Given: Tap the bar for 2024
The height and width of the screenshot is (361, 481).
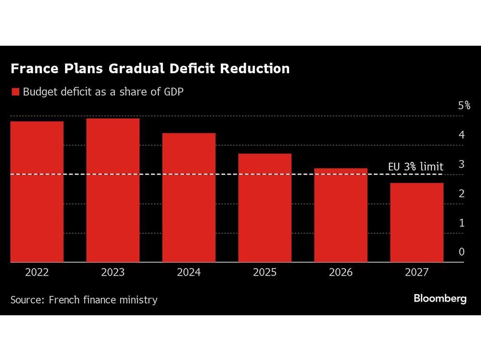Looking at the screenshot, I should click(189, 197).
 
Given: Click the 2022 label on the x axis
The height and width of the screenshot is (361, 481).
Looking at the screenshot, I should click(37, 272).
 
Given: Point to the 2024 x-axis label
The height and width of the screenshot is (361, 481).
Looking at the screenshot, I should click(189, 272).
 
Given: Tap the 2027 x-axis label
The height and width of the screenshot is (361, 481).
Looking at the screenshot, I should click(417, 272).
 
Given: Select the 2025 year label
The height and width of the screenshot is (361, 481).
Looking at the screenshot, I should click(265, 272).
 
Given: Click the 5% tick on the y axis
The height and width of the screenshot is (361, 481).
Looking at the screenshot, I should click(464, 105).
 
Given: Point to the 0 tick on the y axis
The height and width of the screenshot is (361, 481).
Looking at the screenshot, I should click(461, 252).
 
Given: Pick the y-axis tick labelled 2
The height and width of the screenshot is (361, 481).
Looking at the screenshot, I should click(461, 193).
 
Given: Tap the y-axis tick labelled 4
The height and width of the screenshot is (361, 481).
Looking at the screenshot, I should click(461, 135).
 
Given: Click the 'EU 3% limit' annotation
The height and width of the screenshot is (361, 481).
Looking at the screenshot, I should click(416, 167).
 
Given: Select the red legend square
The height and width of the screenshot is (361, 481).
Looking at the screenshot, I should click(15, 92).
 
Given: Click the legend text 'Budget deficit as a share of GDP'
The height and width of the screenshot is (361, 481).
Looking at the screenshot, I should click(103, 92).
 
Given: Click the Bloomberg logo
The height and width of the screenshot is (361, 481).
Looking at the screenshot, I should click(440, 298).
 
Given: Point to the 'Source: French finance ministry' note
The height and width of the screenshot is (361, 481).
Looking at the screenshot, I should click(84, 300).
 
